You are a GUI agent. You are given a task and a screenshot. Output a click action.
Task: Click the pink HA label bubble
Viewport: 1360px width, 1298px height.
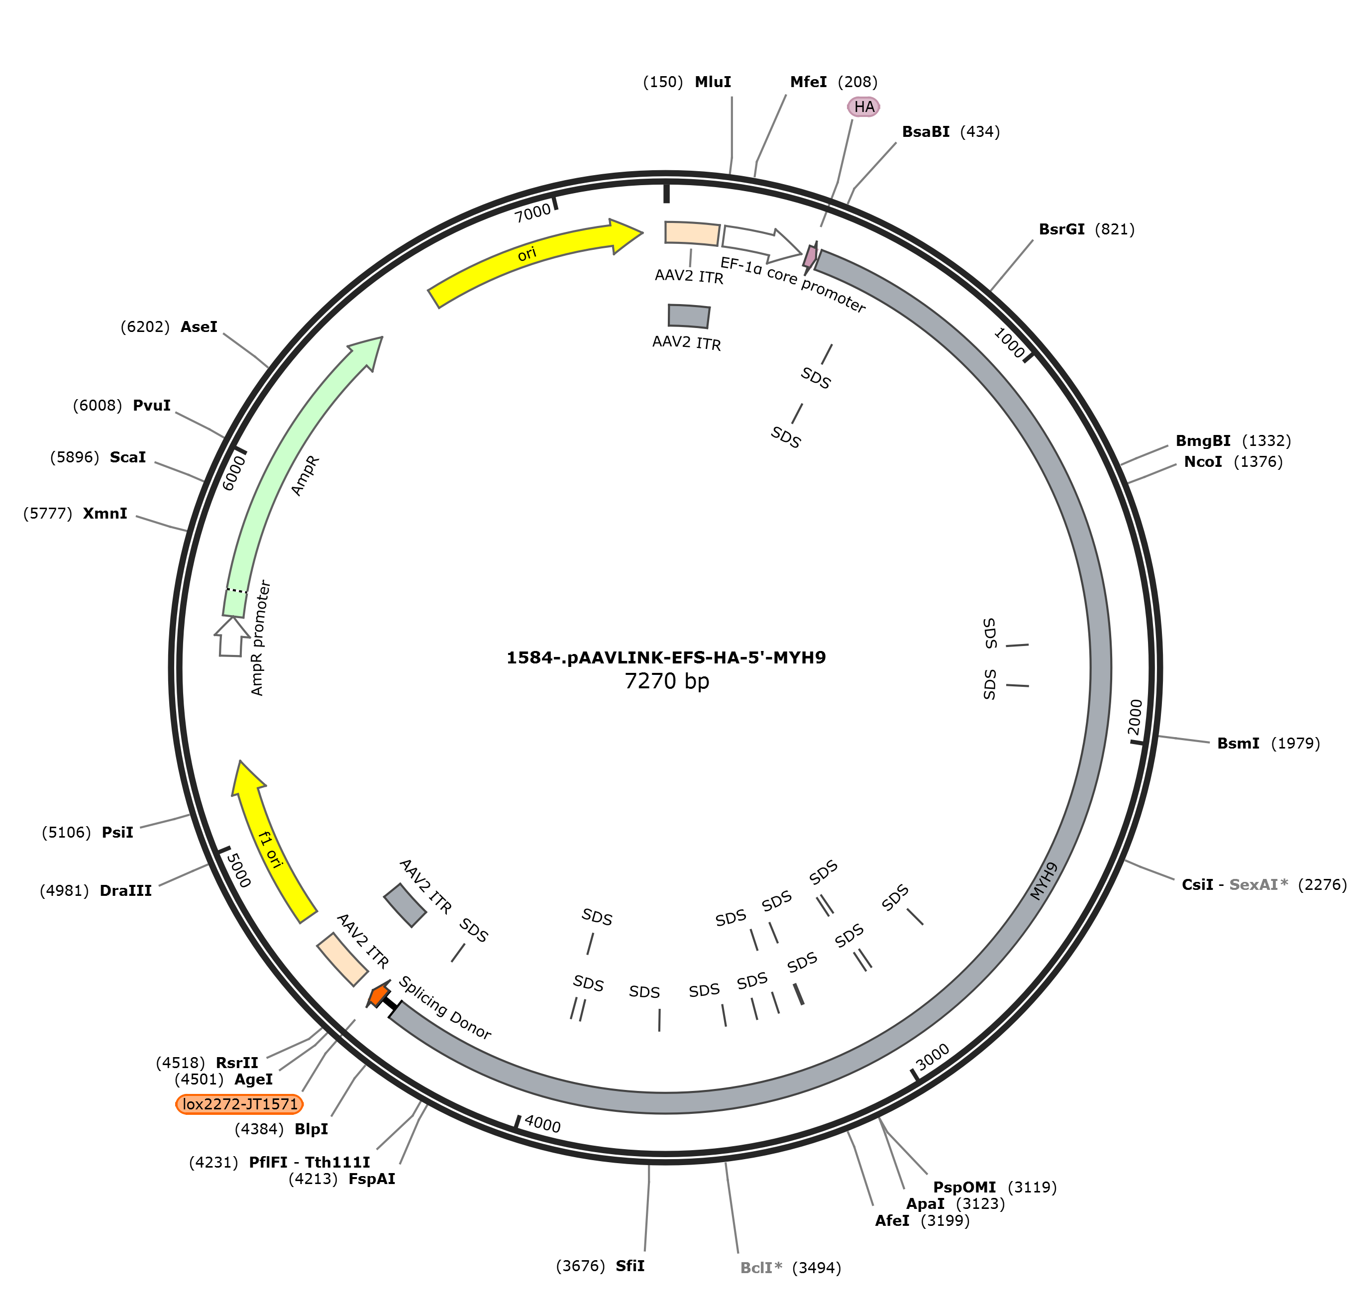click(863, 107)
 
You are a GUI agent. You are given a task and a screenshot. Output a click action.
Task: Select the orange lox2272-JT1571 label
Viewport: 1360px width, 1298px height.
click(240, 1103)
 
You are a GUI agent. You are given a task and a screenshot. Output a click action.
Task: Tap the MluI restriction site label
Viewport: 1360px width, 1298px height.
click(713, 82)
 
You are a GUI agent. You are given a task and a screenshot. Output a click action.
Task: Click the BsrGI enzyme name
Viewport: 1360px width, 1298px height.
click(1062, 229)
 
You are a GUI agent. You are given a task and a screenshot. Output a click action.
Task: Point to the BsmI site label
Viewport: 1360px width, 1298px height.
click(1238, 743)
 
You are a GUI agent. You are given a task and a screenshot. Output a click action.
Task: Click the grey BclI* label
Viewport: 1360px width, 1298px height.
click(761, 1268)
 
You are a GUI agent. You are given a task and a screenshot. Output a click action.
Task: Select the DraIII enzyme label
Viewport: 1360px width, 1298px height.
click(126, 890)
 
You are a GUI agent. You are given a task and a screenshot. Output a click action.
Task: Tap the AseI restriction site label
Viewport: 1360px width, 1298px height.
click(199, 326)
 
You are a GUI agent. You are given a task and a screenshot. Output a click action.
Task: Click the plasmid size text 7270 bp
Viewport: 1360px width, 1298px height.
click(667, 681)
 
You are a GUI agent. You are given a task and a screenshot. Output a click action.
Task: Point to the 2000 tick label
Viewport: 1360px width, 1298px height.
click(1135, 718)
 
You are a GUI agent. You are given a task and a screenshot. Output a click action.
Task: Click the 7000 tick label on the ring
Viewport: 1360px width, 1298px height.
click(532, 213)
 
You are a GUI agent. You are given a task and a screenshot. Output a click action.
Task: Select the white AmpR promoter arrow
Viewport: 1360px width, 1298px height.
click(232, 636)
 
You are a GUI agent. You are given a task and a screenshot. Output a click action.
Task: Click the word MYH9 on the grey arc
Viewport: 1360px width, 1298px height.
click(1044, 881)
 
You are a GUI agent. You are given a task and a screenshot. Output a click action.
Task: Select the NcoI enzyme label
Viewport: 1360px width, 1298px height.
click(1203, 461)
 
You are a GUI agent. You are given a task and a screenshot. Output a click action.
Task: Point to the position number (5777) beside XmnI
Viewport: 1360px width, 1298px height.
click(48, 514)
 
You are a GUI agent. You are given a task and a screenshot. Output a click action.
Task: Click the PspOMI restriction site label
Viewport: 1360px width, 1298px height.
click(964, 1188)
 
